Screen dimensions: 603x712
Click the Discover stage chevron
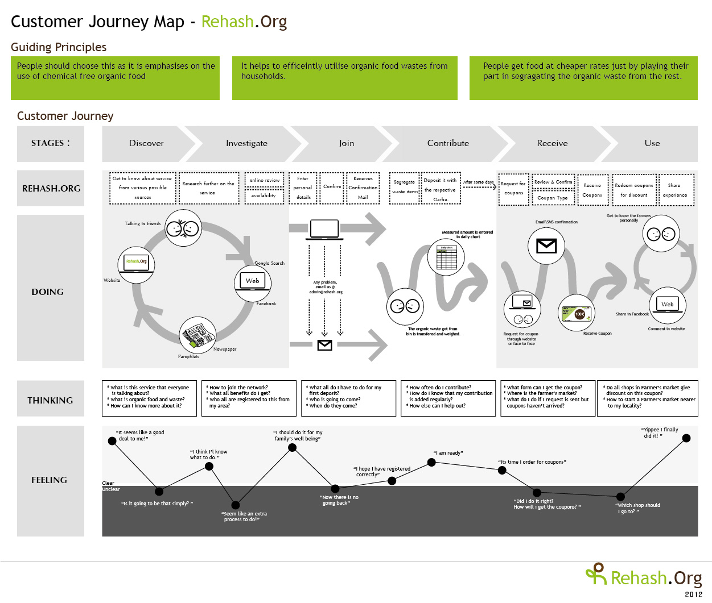point(146,143)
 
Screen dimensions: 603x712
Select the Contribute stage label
point(448,143)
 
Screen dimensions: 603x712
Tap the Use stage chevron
point(652,143)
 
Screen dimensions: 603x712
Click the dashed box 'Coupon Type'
point(553,198)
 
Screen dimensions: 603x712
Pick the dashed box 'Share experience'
point(674,190)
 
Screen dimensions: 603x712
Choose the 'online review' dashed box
point(265,180)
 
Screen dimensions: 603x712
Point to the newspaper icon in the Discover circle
point(197,335)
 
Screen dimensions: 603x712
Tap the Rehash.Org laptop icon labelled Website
point(137,263)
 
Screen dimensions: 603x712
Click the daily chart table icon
point(446,257)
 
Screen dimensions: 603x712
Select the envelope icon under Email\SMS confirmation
point(546,246)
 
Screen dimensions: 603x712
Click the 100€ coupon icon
point(576,313)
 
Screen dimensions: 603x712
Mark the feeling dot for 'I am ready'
point(431,463)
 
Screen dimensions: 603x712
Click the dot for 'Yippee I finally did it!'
point(686,438)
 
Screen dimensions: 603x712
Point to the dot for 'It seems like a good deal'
point(112,441)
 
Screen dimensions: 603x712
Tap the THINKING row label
point(50,400)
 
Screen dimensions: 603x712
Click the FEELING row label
point(50,480)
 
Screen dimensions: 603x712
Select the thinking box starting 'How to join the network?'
point(249,398)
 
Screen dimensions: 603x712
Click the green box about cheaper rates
point(583,78)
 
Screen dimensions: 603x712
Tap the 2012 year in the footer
point(693,594)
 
